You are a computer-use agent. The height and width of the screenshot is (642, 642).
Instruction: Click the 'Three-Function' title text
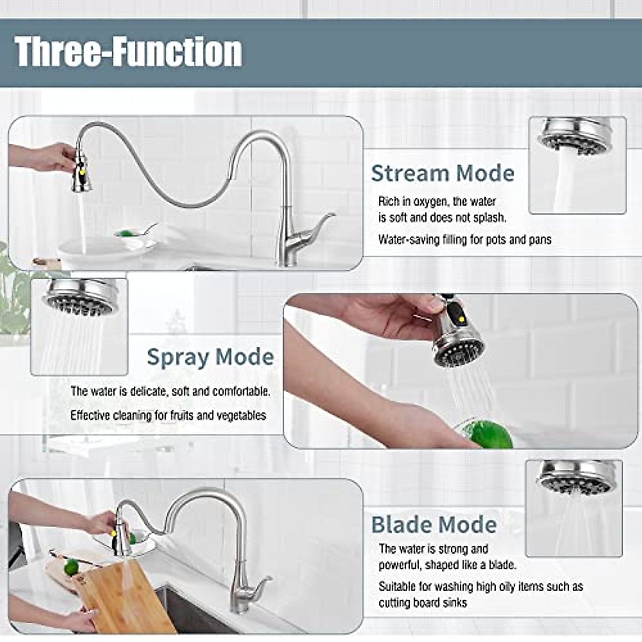point(128,52)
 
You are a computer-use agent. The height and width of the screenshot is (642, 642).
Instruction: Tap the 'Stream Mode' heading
point(442,173)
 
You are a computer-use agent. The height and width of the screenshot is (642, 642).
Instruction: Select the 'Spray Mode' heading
point(210,357)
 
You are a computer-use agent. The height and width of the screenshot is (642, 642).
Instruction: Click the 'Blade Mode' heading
point(434,525)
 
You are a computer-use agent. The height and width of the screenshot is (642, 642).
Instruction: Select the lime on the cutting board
point(71,567)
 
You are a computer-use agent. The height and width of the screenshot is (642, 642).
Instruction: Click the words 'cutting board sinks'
point(423,603)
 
